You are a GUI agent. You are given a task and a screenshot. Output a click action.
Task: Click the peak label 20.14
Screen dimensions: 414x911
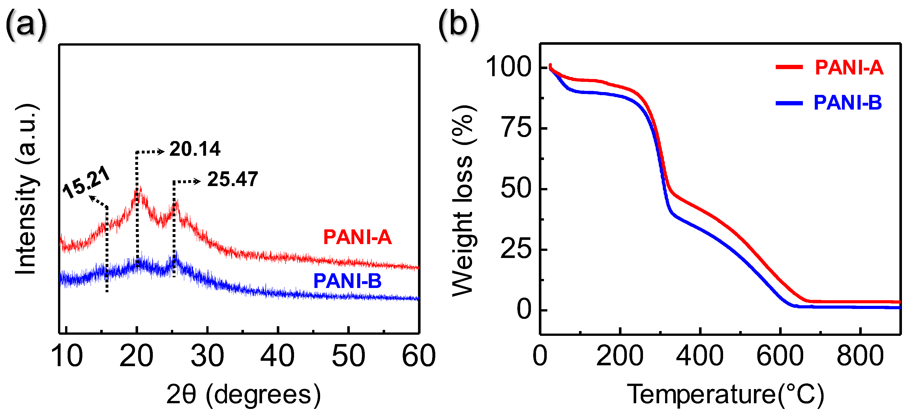[195, 149]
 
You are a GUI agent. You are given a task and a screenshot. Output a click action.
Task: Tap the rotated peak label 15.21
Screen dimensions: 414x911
[86, 183]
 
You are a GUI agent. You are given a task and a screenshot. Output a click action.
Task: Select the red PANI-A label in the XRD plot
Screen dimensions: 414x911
[357, 237]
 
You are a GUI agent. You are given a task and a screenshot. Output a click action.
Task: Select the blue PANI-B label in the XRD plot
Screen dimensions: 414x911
[347, 281]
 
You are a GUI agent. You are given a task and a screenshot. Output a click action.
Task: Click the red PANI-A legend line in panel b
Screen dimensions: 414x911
[789, 67]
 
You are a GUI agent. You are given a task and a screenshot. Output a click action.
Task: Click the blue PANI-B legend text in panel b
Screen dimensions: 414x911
[848, 103]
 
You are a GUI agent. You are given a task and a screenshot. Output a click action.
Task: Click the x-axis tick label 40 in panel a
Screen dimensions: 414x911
[278, 356]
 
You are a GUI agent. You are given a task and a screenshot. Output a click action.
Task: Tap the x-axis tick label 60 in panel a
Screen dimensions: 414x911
[419, 356]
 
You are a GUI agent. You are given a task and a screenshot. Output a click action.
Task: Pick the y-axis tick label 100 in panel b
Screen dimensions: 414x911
[509, 67]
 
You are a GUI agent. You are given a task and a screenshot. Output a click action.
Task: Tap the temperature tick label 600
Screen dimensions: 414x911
[780, 356]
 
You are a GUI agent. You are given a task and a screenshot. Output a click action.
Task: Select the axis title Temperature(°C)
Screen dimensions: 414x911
[725, 394]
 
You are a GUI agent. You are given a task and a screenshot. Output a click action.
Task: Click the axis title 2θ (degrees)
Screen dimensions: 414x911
[243, 394]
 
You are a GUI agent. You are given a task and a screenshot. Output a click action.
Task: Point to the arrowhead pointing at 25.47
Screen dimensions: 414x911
[198, 182]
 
